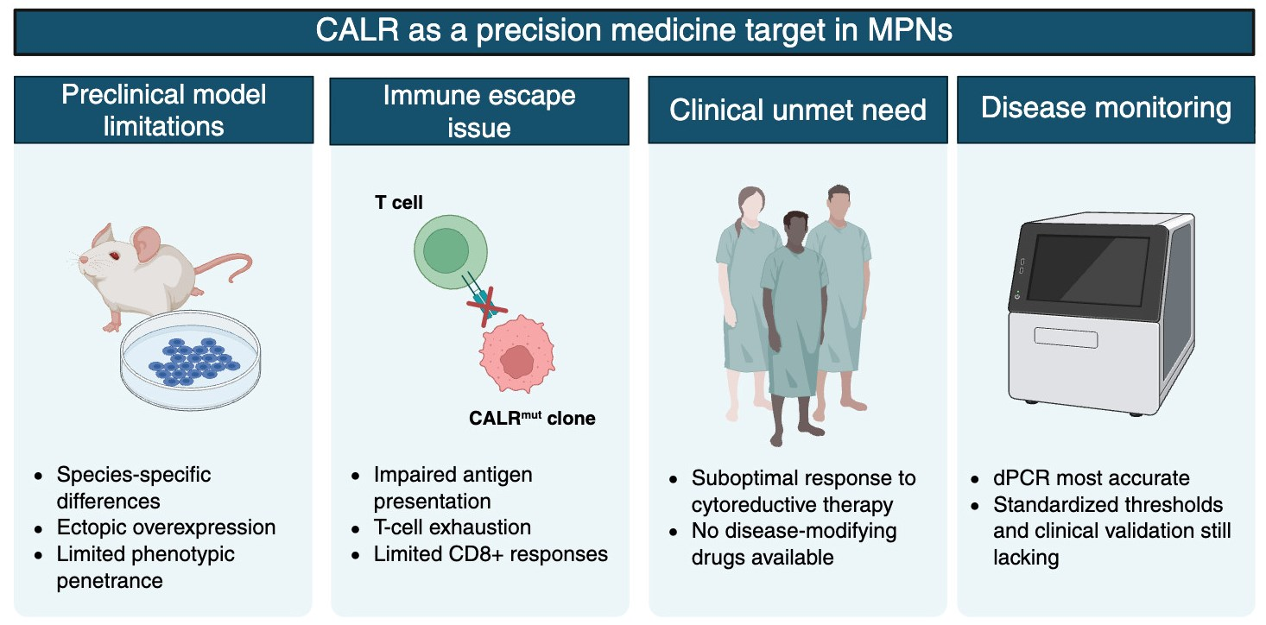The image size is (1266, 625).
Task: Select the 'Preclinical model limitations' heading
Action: [x=163, y=110]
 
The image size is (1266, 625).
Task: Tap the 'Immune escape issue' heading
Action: [x=479, y=111]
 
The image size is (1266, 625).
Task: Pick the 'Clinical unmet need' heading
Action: [x=797, y=110]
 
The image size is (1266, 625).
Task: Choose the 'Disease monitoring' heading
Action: [x=1105, y=108]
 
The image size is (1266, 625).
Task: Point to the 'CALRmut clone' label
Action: [x=532, y=419]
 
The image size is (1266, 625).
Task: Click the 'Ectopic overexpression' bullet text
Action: [x=166, y=527]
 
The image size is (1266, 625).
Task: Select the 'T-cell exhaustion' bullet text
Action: [x=452, y=527]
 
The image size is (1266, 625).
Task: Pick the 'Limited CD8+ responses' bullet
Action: [x=491, y=553]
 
